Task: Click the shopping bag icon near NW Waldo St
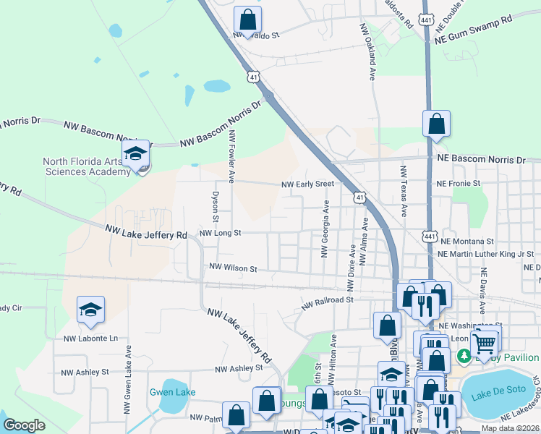click(x=247, y=20)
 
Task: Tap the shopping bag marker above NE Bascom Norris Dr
click(x=437, y=124)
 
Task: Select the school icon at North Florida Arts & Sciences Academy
click(x=135, y=155)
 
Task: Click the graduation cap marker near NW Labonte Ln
click(x=90, y=310)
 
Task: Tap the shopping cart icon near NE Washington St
click(x=485, y=342)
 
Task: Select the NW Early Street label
click(x=308, y=184)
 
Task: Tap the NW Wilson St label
click(x=233, y=268)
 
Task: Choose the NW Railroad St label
click(x=326, y=300)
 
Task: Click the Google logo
click(x=25, y=425)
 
